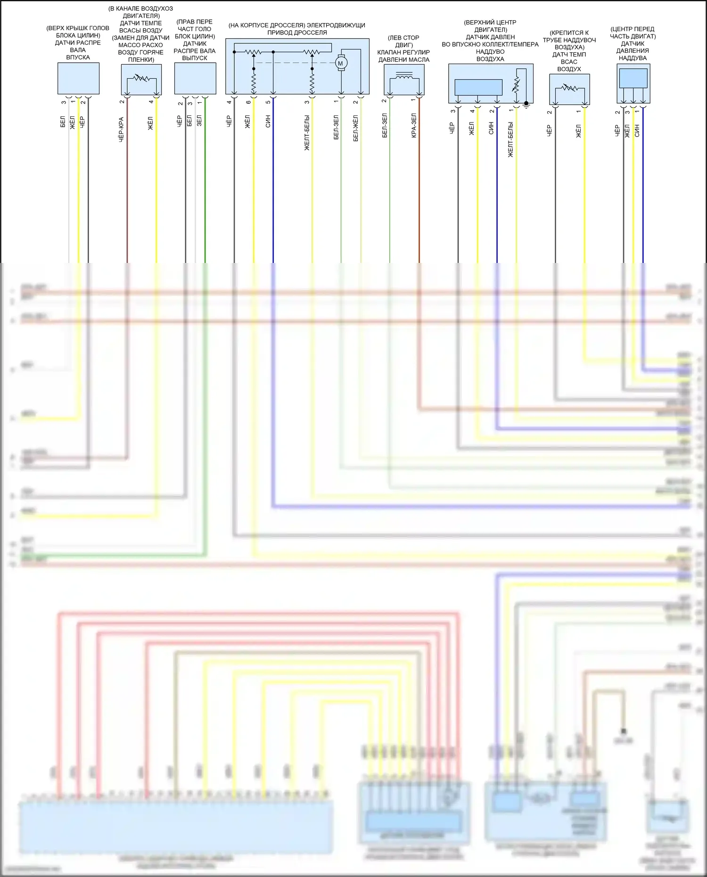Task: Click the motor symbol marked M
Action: [x=340, y=63]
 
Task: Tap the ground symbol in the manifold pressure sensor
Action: [x=526, y=105]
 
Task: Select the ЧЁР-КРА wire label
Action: [x=121, y=130]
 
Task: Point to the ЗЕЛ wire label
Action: [x=199, y=121]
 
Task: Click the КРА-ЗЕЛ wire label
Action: [x=414, y=125]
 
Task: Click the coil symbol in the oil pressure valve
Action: [x=404, y=76]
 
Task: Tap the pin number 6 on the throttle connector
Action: [x=248, y=102]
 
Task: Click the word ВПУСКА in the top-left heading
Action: [x=78, y=57]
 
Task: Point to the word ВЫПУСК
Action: [x=195, y=58]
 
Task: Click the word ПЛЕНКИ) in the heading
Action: [x=141, y=60]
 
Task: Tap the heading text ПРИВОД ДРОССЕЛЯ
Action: [x=297, y=33]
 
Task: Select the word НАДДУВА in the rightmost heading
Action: [x=633, y=58]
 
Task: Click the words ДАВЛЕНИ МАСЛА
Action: [x=403, y=60]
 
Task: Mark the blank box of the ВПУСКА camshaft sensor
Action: [x=78, y=78]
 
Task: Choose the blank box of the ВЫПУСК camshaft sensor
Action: [x=195, y=78]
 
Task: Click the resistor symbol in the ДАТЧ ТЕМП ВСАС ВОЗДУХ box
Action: [x=569, y=88]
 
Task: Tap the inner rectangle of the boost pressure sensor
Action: [x=633, y=78]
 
